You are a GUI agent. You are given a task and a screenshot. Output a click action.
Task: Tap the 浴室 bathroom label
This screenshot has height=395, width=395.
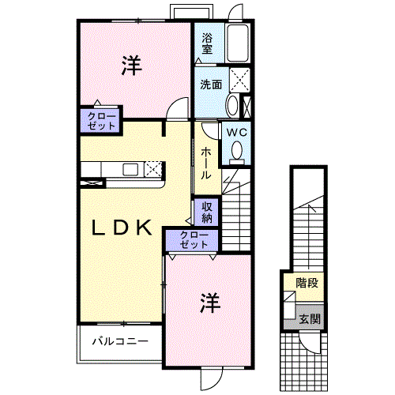tap(207, 43)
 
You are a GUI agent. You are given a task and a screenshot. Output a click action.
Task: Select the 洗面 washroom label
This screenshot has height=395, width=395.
tap(210, 85)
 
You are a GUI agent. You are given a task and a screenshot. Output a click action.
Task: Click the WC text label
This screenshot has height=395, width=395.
tap(237, 133)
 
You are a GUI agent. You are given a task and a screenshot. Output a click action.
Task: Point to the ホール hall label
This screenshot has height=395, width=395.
tap(205, 163)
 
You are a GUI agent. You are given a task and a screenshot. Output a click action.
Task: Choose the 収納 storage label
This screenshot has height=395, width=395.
tap(206, 211)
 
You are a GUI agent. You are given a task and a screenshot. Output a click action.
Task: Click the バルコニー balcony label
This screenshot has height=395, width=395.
tap(119, 342)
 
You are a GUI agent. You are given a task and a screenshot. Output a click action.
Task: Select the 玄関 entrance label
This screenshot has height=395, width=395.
tap(310, 319)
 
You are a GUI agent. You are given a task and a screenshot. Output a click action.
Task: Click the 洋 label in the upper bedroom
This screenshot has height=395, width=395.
tap(132, 68)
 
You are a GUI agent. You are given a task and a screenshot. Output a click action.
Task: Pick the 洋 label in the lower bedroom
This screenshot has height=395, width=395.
tap(209, 302)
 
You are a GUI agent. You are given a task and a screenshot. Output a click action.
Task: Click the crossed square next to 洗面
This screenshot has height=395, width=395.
tap(240, 79)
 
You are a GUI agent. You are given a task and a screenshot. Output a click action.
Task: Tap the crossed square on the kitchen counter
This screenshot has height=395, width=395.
tap(153, 168)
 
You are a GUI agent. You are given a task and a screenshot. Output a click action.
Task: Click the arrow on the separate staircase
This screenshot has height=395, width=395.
tap(314, 209)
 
